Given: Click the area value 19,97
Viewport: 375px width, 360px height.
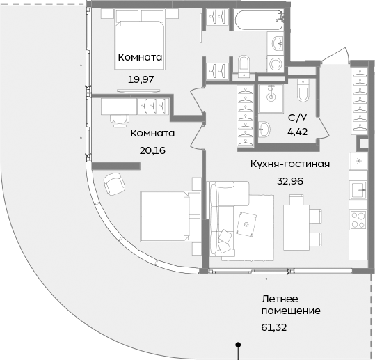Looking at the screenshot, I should (x=141, y=79).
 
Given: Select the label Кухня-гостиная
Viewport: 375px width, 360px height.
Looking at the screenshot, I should (x=289, y=164).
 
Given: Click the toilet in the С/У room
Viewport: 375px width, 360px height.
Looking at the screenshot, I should (x=303, y=90).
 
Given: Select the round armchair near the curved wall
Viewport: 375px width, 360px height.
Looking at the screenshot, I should (x=113, y=184).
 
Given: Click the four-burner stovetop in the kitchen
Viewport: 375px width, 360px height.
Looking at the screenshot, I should (x=360, y=219).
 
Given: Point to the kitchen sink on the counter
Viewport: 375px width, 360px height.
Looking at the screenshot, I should (x=360, y=190).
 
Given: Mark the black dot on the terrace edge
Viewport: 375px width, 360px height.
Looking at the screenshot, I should (x=238, y=344).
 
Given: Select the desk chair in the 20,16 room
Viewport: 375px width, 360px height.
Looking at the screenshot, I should (x=119, y=117).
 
